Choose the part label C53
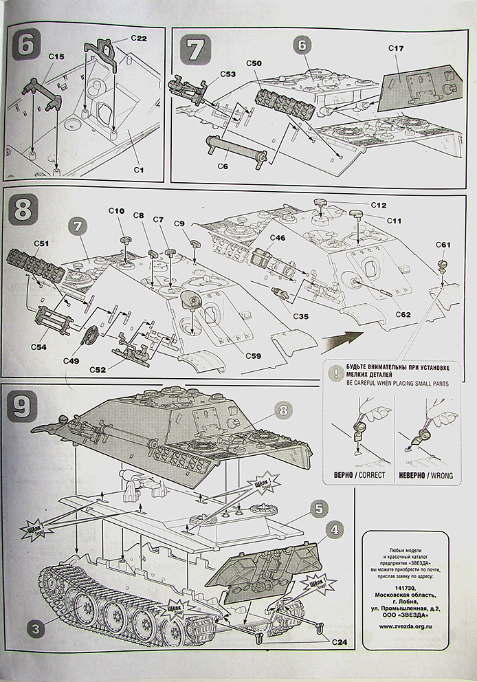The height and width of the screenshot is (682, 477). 228,74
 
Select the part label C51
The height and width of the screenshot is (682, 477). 41,243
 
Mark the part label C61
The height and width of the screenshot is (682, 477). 443,245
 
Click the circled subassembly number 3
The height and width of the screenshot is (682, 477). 35,626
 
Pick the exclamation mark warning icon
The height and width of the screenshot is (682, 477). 335,372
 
